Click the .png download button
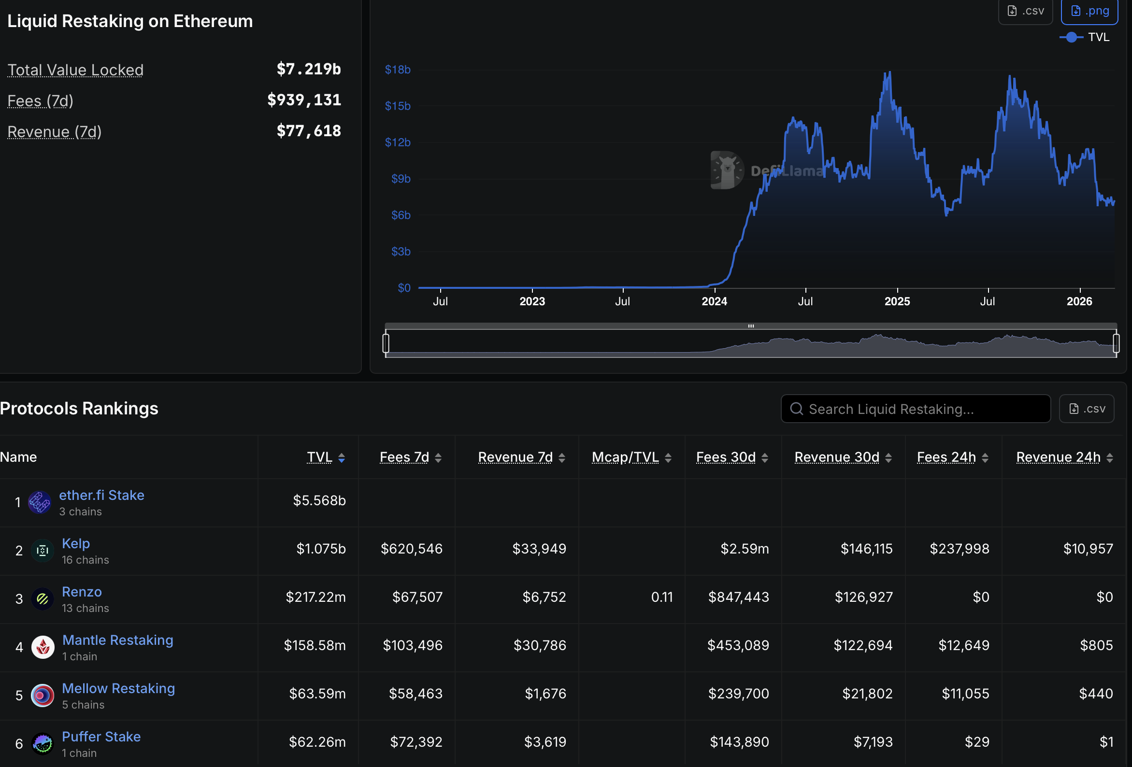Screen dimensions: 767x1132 (x=1089, y=11)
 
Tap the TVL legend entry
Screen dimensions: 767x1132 (x=1085, y=37)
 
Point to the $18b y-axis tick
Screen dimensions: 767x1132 (x=398, y=70)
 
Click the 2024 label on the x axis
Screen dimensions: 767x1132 (x=714, y=301)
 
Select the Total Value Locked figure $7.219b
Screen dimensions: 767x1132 (x=308, y=69)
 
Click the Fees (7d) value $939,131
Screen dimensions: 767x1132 (x=304, y=100)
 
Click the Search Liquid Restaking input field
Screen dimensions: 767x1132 (x=916, y=409)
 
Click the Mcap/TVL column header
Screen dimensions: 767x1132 (x=625, y=457)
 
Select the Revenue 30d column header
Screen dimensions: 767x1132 (x=836, y=457)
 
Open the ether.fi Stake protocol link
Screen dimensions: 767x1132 (x=102, y=495)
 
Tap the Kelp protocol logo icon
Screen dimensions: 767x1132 (x=43, y=551)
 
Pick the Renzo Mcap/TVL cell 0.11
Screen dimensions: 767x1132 (x=661, y=597)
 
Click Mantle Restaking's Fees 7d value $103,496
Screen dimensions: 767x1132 (x=412, y=645)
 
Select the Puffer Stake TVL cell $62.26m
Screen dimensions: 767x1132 (x=317, y=742)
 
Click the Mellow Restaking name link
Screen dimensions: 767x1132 (x=118, y=688)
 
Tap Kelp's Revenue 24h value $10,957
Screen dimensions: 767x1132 (x=1088, y=549)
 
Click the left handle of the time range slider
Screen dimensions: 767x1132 (x=386, y=343)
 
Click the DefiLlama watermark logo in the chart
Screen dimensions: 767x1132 (x=727, y=170)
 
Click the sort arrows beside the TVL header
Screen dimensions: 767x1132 (x=342, y=457)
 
